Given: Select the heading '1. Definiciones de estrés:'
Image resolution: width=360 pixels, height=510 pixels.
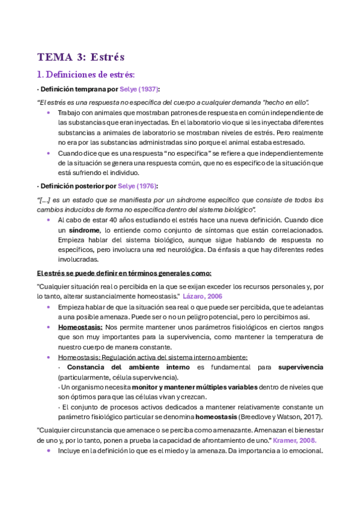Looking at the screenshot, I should coord(86,75).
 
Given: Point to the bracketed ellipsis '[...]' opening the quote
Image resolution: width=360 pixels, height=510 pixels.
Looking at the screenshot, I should coord(43,200).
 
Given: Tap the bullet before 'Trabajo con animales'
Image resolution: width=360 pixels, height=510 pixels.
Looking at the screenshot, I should coord(48,112).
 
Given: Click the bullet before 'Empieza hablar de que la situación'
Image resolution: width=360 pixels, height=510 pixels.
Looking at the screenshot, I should coord(48,307).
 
